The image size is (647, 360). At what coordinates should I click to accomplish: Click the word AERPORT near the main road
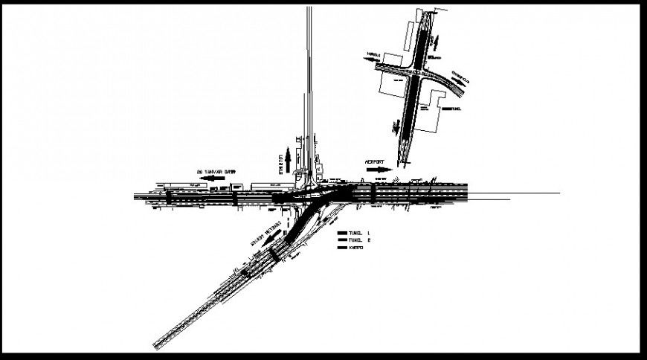[x=378, y=161]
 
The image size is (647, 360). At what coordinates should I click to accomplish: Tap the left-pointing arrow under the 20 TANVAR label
[x=216, y=179]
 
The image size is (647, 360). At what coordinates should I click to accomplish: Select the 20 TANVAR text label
[x=216, y=172]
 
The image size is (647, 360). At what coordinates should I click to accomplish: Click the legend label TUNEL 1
[x=358, y=233]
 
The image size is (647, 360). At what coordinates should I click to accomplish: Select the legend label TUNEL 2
[x=358, y=240]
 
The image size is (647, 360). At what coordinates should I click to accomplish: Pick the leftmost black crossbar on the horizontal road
[x=169, y=197]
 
